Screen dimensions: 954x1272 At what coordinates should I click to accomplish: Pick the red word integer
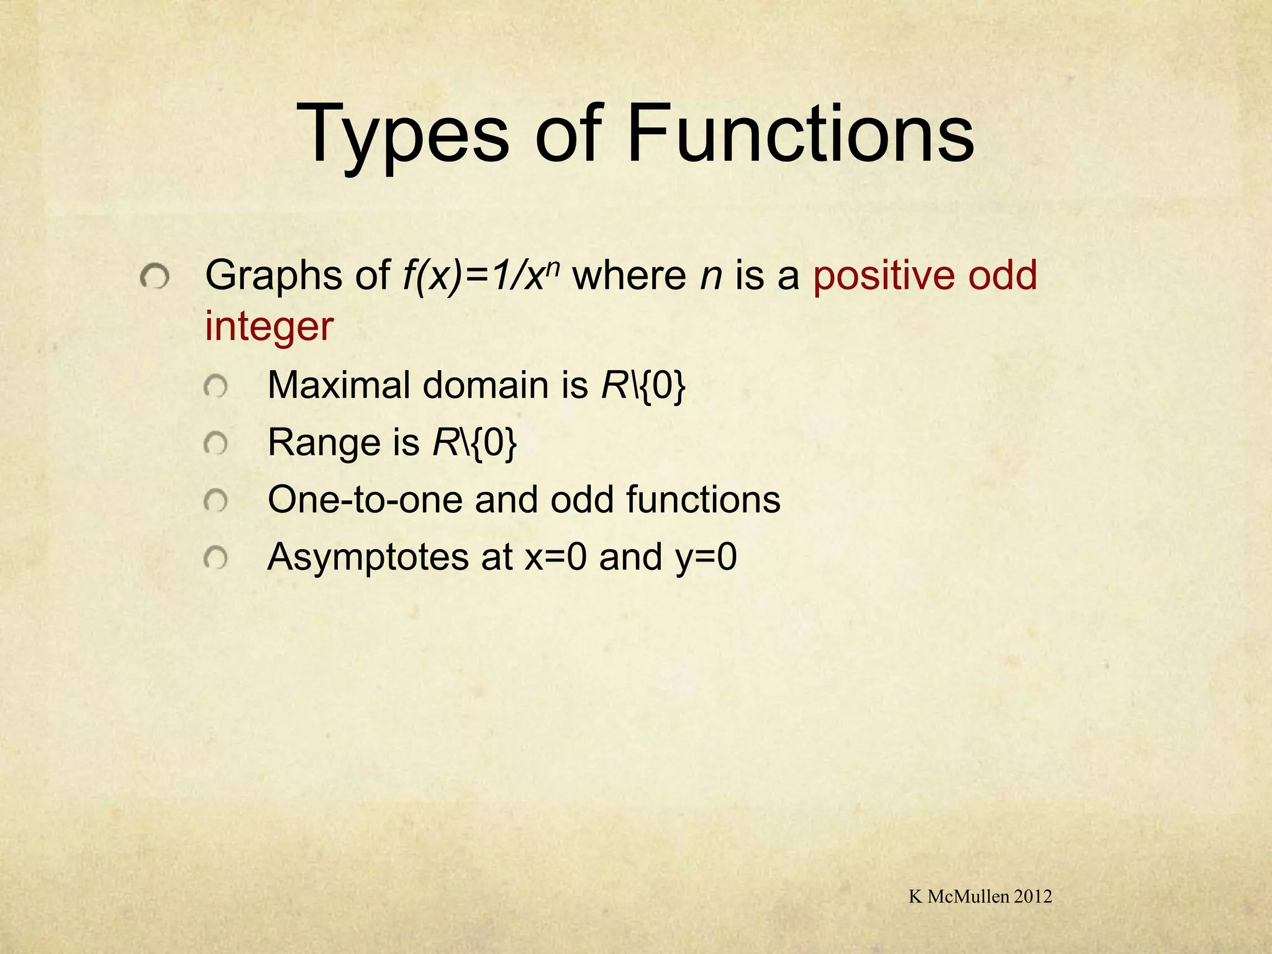[269, 327]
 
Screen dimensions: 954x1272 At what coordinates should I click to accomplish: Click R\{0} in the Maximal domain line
[643, 386]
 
